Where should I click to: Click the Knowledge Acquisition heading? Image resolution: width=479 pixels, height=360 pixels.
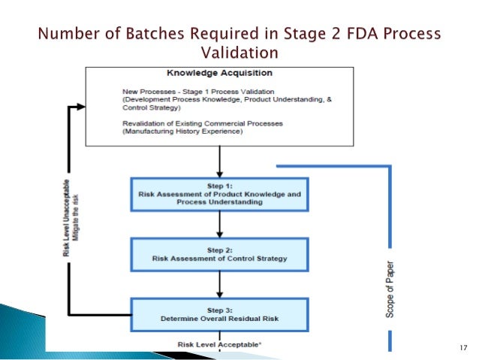pyautogui.click(x=219, y=74)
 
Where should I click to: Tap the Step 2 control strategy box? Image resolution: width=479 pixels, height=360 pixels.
pyautogui.click(x=219, y=255)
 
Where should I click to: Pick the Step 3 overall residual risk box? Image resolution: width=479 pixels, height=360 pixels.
pyautogui.click(x=219, y=313)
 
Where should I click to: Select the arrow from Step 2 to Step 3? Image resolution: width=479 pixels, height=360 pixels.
pyautogui.click(x=219, y=283)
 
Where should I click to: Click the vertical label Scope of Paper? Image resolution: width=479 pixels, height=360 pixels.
pyautogui.click(x=390, y=289)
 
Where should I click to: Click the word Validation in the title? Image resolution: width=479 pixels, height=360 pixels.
pyautogui.click(x=239, y=53)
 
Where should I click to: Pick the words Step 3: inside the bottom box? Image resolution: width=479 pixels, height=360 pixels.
pyautogui.click(x=219, y=309)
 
